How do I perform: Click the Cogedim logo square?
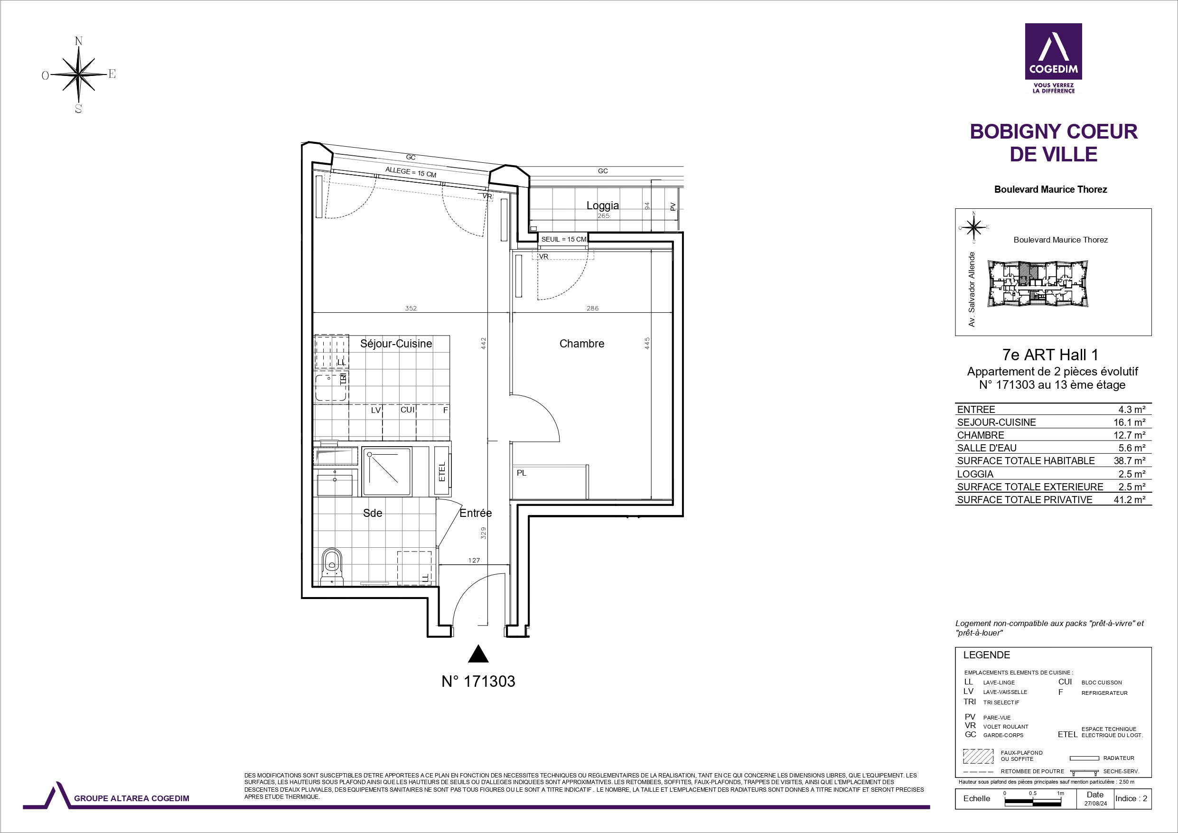pyautogui.click(x=1053, y=51)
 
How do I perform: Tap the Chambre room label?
pyautogui.click(x=581, y=343)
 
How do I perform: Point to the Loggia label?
pyautogui.click(x=602, y=206)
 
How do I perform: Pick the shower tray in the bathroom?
pyautogui.click(x=386, y=471)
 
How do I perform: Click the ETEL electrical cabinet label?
pyautogui.click(x=442, y=472)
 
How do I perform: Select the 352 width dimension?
pyautogui.click(x=411, y=309)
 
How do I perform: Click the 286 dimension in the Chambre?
pyautogui.click(x=593, y=309)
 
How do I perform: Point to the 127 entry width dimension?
pyautogui.click(x=474, y=560)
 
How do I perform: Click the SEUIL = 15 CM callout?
pyautogui.click(x=563, y=239)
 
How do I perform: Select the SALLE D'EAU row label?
pyautogui.click(x=987, y=448)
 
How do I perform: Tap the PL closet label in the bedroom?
pyautogui.click(x=521, y=473)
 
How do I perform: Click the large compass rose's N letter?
pyautogui.click(x=78, y=41)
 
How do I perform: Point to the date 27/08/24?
pyautogui.click(x=1095, y=804)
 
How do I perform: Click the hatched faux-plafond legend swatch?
pyautogui.click(x=978, y=757)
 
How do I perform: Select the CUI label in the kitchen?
pyautogui.click(x=407, y=410)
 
